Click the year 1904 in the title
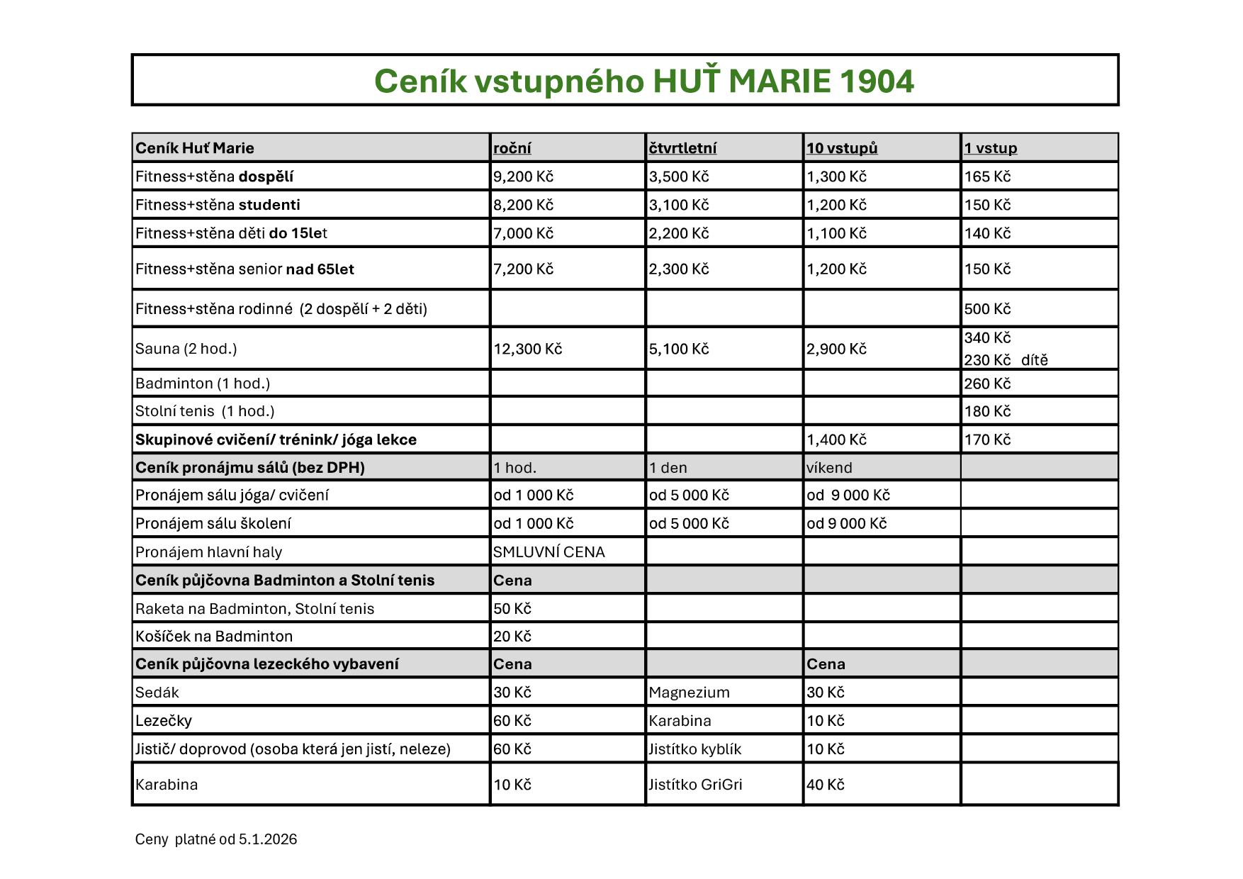tap(877, 82)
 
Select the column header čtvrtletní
tap(682, 148)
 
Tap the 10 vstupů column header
tap(842, 148)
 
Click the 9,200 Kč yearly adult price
tap(523, 177)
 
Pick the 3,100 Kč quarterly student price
tap(679, 205)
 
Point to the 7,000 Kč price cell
tap(523, 233)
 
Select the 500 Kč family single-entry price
tap(987, 309)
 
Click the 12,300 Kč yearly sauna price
tap(527, 349)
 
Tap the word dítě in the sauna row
tap(1034, 360)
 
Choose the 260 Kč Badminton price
tap(987, 383)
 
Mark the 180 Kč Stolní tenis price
tap(987, 411)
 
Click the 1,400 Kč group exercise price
tap(836, 439)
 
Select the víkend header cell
tap(829, 468)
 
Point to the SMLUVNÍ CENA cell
tap(549, 552)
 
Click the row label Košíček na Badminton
tap(214, 637)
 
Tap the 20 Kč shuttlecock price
tap(512, 637)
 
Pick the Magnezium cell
tap(689, 693)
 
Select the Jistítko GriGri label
tap(695, 785)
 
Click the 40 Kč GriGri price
tap(826, 785)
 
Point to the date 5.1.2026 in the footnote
tap(267, 839)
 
